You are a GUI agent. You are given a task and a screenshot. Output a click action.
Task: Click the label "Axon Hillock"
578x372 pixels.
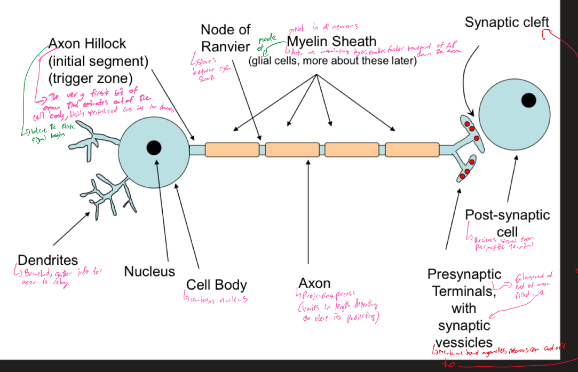point(88,44)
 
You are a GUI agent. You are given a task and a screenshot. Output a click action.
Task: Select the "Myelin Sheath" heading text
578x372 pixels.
point(331,42)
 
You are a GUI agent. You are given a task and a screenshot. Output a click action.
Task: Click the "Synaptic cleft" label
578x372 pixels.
point(506,22)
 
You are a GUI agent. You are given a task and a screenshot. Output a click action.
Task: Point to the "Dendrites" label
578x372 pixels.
point(47,260)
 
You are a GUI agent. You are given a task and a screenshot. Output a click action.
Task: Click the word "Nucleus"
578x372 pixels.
point(149,271)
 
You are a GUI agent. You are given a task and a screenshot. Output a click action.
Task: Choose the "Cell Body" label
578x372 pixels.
point(216,284)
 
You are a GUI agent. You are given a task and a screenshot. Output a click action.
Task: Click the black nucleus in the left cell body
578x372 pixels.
point(154,147)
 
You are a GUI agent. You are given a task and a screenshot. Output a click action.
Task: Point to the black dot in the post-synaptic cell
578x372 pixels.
point(528,99)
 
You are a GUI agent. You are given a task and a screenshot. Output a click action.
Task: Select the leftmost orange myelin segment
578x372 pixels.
point(232,149)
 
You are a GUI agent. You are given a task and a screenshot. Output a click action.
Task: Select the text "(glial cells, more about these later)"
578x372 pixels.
point(332,60)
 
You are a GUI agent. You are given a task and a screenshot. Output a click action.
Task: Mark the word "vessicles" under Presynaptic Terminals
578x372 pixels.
point(464,342)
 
